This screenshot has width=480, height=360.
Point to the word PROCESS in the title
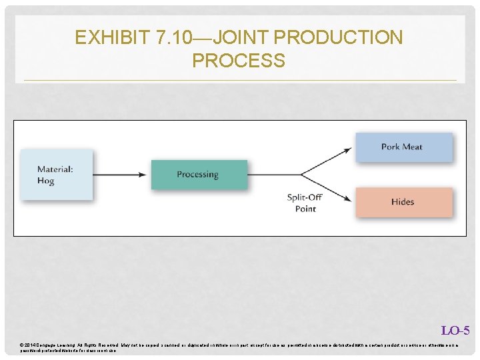(238, 61)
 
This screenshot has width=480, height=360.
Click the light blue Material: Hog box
(56, 175)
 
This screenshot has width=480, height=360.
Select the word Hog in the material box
(45, 181)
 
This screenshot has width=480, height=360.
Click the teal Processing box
(199, 174)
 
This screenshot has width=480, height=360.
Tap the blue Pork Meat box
(403, 147)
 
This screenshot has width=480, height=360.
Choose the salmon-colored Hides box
(403, 201)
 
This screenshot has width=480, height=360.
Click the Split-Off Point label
(305, 203)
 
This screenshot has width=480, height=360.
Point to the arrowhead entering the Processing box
(143, 174)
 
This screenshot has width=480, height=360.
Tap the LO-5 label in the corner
(455, 331)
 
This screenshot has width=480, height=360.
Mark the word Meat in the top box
(413, 147)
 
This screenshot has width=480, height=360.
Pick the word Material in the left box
(55, 169)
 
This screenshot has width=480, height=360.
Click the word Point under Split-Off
(305, 209)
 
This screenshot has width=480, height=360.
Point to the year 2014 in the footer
(31, 345)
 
